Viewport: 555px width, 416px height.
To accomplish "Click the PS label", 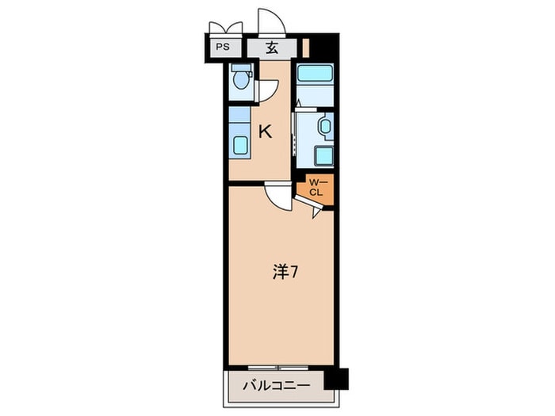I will coord(224,47).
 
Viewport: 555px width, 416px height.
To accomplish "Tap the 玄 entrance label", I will coord(271,48).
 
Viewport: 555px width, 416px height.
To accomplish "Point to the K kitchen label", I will coord(266,132).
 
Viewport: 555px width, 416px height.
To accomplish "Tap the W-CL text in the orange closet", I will coord(316,188).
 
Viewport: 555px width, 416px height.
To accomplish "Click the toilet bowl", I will coord(241,80).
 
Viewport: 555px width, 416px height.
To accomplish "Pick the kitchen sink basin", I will coord(239,145).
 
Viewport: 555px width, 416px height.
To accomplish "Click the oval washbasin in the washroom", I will coord(323,126).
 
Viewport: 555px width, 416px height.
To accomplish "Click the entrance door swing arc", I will coord(271,21).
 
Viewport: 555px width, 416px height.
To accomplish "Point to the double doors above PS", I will coord(224,29).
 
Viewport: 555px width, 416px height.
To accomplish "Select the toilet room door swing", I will coord(266,91).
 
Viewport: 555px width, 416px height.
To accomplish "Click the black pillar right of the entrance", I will coord(323,45).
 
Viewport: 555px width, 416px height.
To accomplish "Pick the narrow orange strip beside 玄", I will coord(305,47).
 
